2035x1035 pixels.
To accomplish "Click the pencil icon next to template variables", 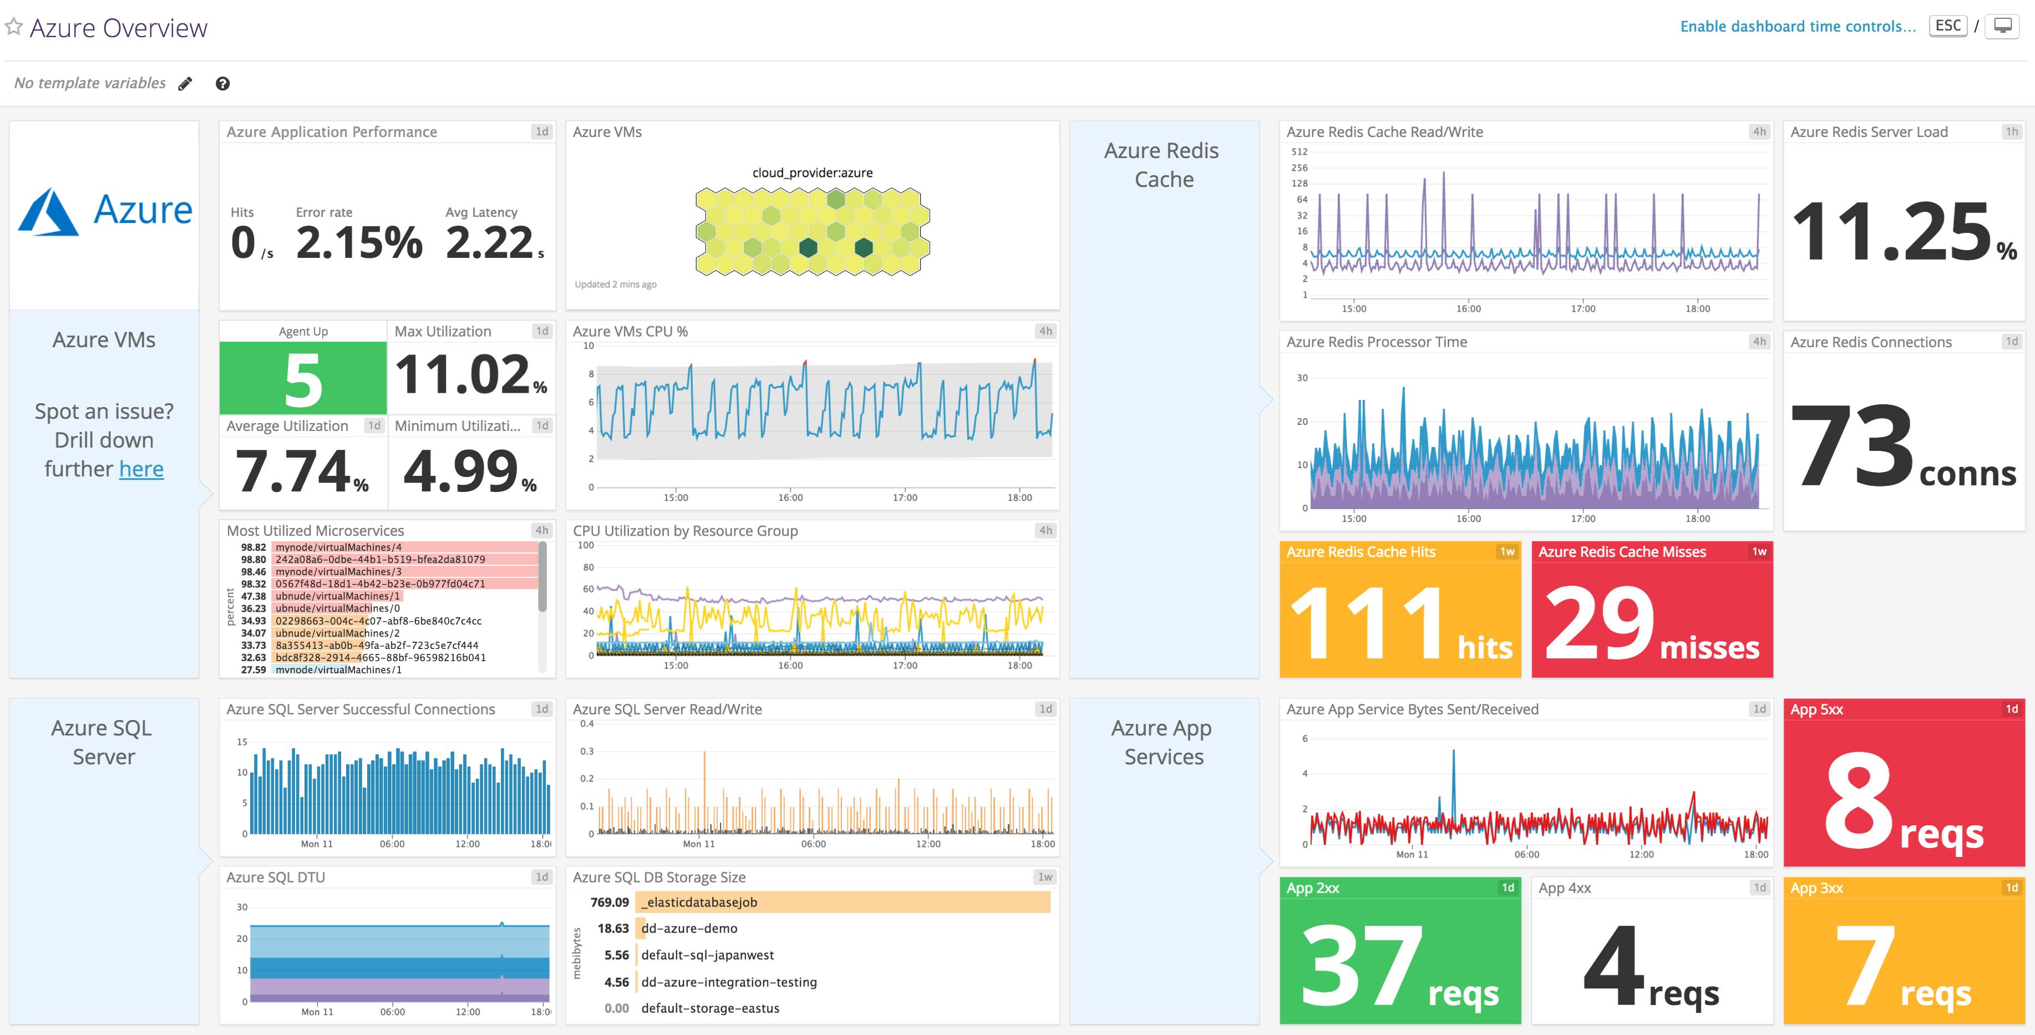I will pyautogui.click(x=185, y=84).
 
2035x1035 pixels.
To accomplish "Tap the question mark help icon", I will pyautogui.click(x=223, y=84).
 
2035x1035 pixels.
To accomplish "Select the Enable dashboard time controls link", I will pyautogui.click(x=1797, y=26).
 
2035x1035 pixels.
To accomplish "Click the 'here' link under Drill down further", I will pyautogui.click(x=141, y=469).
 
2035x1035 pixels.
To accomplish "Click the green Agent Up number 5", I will pyautogui.click(x=303, y=380).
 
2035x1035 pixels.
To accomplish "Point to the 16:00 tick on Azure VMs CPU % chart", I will pyautogui.click(x=790, y=497).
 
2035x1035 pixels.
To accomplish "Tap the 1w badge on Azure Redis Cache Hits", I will pyautogui.click(x=1506, y=551).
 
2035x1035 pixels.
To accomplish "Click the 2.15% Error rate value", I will pyautogui.click(x=359, y=242).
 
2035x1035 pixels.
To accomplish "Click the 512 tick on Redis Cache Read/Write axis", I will pyautogui.click(x=1299, y=151).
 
